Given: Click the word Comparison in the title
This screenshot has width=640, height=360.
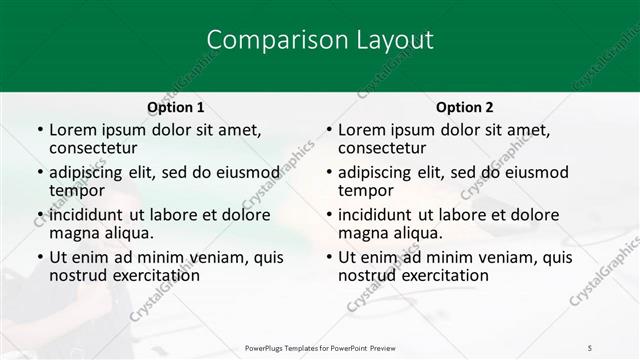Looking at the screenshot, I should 264,40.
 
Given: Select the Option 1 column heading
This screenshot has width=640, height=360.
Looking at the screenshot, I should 175,107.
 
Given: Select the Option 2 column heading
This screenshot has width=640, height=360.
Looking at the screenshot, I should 465,107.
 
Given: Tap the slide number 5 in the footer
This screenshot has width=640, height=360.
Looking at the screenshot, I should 589,346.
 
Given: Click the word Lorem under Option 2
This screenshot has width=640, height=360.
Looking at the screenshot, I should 361,130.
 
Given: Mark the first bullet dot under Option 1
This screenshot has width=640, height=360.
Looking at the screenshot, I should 40,131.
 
